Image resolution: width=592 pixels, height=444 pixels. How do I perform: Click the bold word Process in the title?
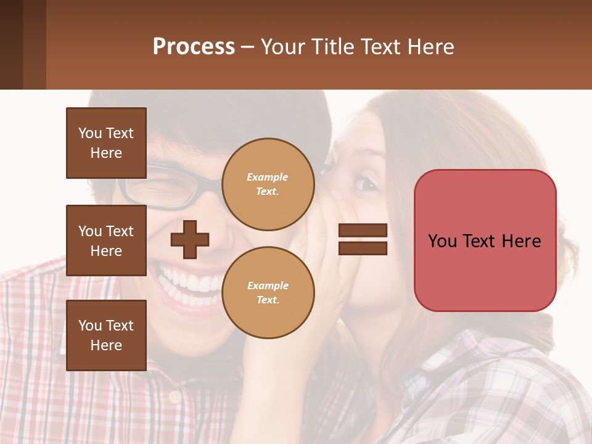tap(194, 47)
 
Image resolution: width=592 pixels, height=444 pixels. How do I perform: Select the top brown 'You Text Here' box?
tap(106, 143)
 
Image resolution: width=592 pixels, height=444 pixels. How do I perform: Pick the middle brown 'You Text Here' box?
tap(106, 240)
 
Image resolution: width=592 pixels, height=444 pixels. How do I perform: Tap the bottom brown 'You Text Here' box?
tap(106, 335)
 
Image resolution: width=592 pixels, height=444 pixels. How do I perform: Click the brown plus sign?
tap(190, 240)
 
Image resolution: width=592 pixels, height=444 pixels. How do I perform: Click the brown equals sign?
tap(363, 240)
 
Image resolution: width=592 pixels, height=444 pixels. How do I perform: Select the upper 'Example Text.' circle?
tap(268, 184)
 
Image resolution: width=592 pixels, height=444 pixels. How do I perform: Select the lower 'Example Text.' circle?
tap(268, 293)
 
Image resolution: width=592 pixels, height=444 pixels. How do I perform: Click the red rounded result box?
tap(485, 240)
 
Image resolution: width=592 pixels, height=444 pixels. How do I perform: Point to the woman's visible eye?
tap(366, 183)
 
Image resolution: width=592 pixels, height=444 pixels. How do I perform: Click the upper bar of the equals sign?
tap(363, 231)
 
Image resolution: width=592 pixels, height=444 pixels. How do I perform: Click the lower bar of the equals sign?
tap(363, 249)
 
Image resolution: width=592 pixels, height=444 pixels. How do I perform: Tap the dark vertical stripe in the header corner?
tap(11, 44)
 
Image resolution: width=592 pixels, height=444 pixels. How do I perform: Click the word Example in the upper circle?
tap(268, 178)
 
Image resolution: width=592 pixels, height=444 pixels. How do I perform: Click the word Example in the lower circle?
tap(268, 286)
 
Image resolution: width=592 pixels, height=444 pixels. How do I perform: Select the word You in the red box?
tap(442, 241)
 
